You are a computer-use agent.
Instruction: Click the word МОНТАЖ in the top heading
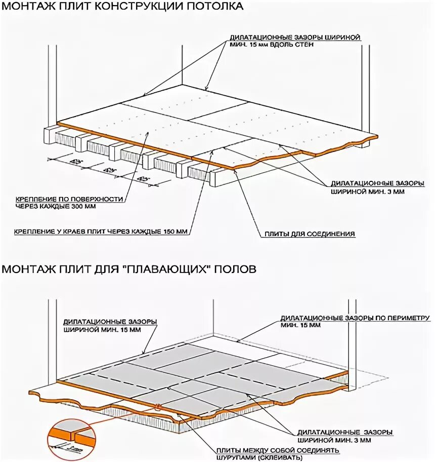25,7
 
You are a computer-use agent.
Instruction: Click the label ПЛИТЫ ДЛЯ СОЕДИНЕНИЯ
310,234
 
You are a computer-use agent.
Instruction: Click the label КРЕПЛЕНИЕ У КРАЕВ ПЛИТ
56,232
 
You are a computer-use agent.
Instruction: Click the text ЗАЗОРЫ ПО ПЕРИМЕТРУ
389,318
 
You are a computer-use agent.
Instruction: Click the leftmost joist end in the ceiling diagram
51,134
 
